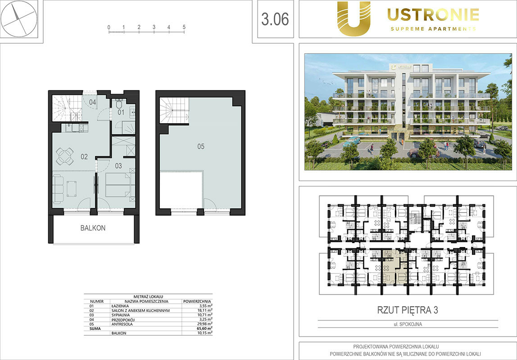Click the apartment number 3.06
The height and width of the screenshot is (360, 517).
coord(275,19)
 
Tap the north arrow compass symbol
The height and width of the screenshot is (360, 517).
coord(19,18)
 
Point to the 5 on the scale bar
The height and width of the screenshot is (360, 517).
coord(184,27)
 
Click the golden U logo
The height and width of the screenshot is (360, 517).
coord(354,18)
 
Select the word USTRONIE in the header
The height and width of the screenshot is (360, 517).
coord(433,15)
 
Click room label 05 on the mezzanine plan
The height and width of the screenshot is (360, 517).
coord(201,146)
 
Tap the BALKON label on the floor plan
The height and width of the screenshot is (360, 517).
coord(93,228)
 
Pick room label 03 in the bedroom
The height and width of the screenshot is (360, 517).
coord(118,166)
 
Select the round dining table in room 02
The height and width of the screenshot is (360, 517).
coord(65,157)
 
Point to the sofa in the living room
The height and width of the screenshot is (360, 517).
coord(58,189)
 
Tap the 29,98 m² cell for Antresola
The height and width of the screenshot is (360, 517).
coord(204,324)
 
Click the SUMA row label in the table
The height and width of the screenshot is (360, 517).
coord(95,328)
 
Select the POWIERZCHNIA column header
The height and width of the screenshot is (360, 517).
coord(197,301)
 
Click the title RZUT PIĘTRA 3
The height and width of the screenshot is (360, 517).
coord(408,310)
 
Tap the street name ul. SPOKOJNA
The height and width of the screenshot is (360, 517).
coord(408,324)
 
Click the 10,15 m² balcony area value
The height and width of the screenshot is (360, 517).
coord(204,333)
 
